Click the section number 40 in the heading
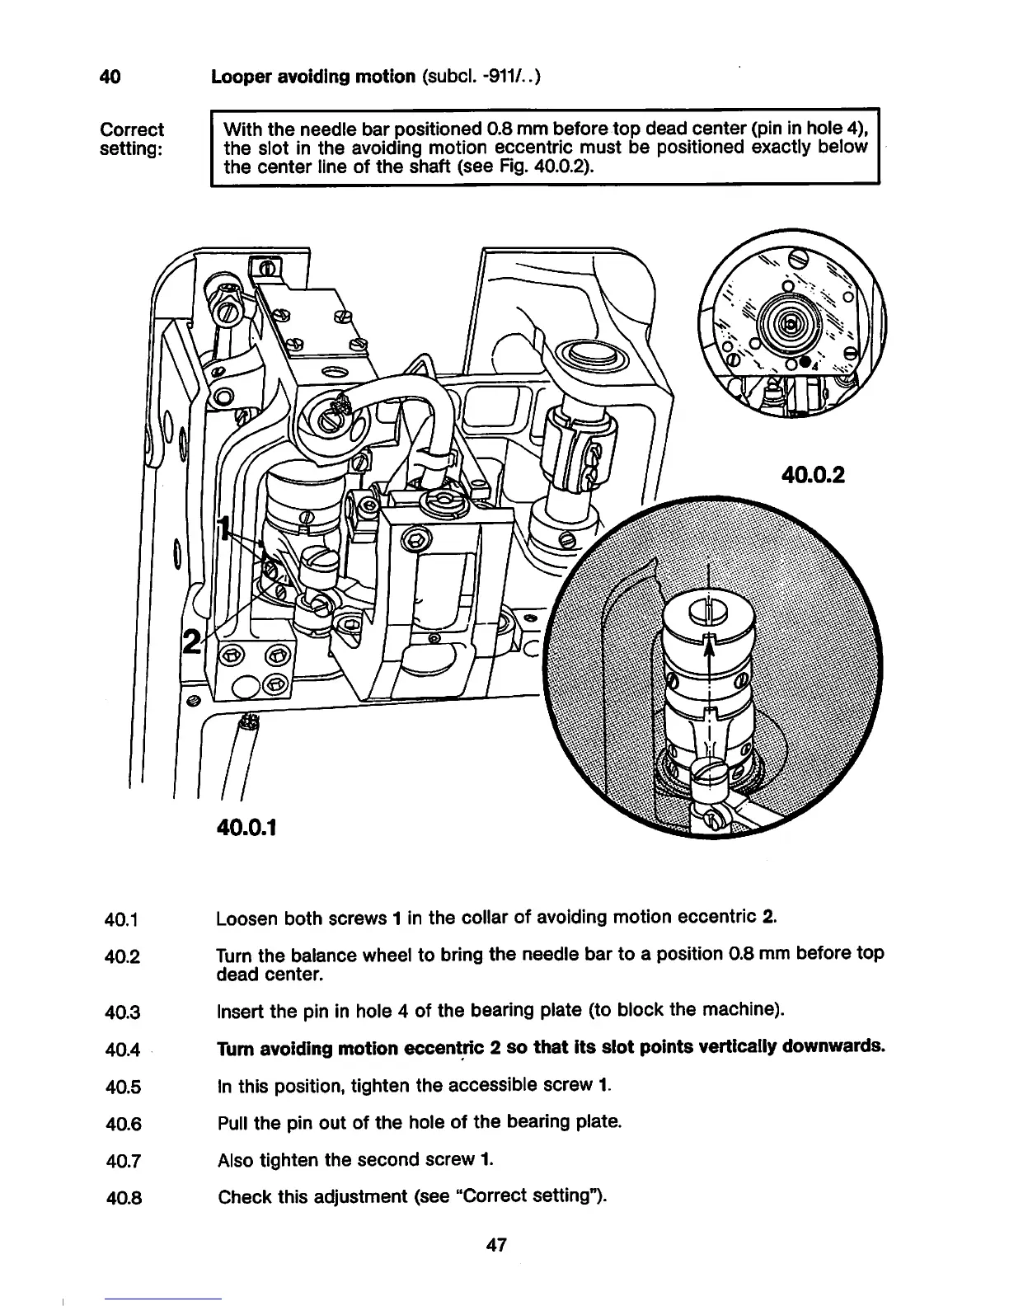coord(110,78)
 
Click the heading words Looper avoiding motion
coord(313,78)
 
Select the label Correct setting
coord(131,139)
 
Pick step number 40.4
coord(124,1050)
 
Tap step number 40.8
coord(124,1198)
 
